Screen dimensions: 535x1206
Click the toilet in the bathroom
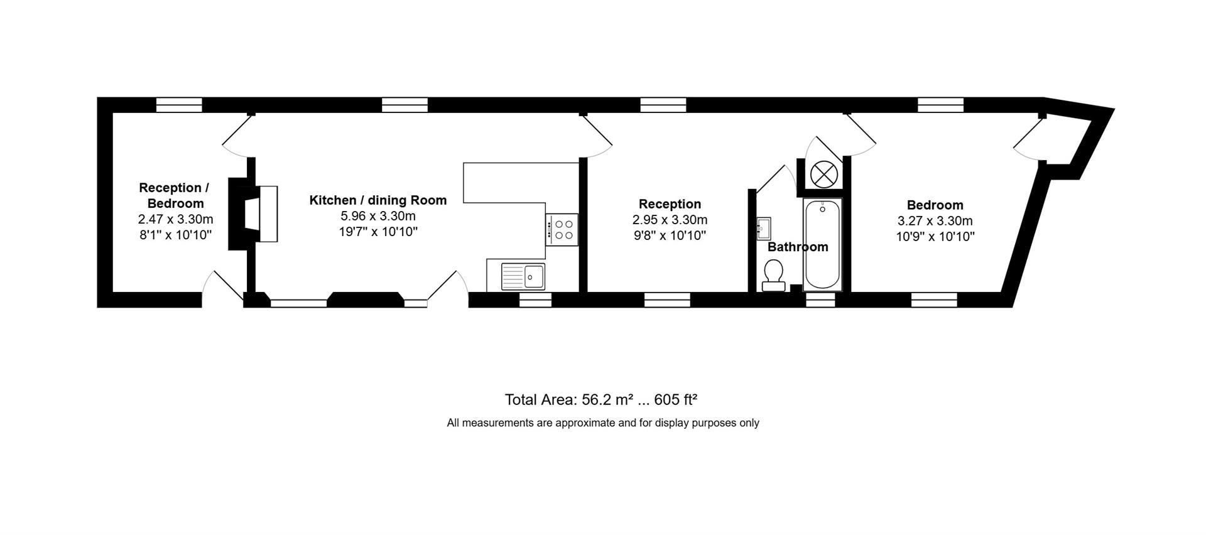tap(773, 276)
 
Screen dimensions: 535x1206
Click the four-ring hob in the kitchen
tap(562, 230)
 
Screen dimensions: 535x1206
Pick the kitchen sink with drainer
tap(523, 276)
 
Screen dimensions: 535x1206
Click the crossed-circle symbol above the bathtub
tap(823, 174)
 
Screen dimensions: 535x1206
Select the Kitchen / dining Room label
tap(378, 200)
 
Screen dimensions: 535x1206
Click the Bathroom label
tap(798, 247)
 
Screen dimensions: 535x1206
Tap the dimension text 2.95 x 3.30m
tap(670, 220)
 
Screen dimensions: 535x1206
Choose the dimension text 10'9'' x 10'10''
tap(935, 237)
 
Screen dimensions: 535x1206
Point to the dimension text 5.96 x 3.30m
tap(378, 217)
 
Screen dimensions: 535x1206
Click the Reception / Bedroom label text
tap(175, 195)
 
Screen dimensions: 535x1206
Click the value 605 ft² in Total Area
tap(676, 400)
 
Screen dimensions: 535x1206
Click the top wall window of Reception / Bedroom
tap(179, 105)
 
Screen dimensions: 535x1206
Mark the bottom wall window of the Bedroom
tap(934, 300)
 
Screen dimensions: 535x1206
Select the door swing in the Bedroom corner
tap(1028, 141)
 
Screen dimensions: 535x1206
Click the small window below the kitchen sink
tap(535, 301)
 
